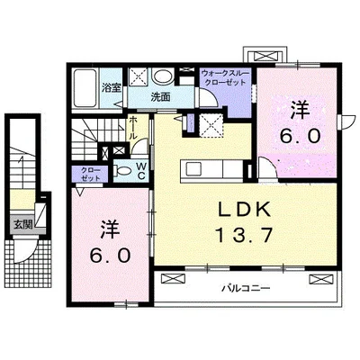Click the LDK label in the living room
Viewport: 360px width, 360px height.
244,209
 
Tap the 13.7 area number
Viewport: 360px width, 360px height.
244,235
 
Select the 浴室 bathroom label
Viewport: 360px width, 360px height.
112,88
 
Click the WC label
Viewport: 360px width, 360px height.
141,171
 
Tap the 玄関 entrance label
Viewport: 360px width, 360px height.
22,225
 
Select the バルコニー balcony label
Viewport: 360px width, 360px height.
246,288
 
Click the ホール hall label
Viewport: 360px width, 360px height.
132,127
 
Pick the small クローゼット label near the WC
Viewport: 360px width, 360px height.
91,174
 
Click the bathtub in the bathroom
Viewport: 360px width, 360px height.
85,88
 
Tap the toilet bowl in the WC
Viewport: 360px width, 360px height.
123,171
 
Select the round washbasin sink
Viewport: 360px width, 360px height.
163,76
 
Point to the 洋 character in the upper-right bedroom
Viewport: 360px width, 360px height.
299,110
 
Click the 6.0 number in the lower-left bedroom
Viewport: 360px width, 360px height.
111,256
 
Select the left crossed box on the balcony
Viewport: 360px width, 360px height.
174,278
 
